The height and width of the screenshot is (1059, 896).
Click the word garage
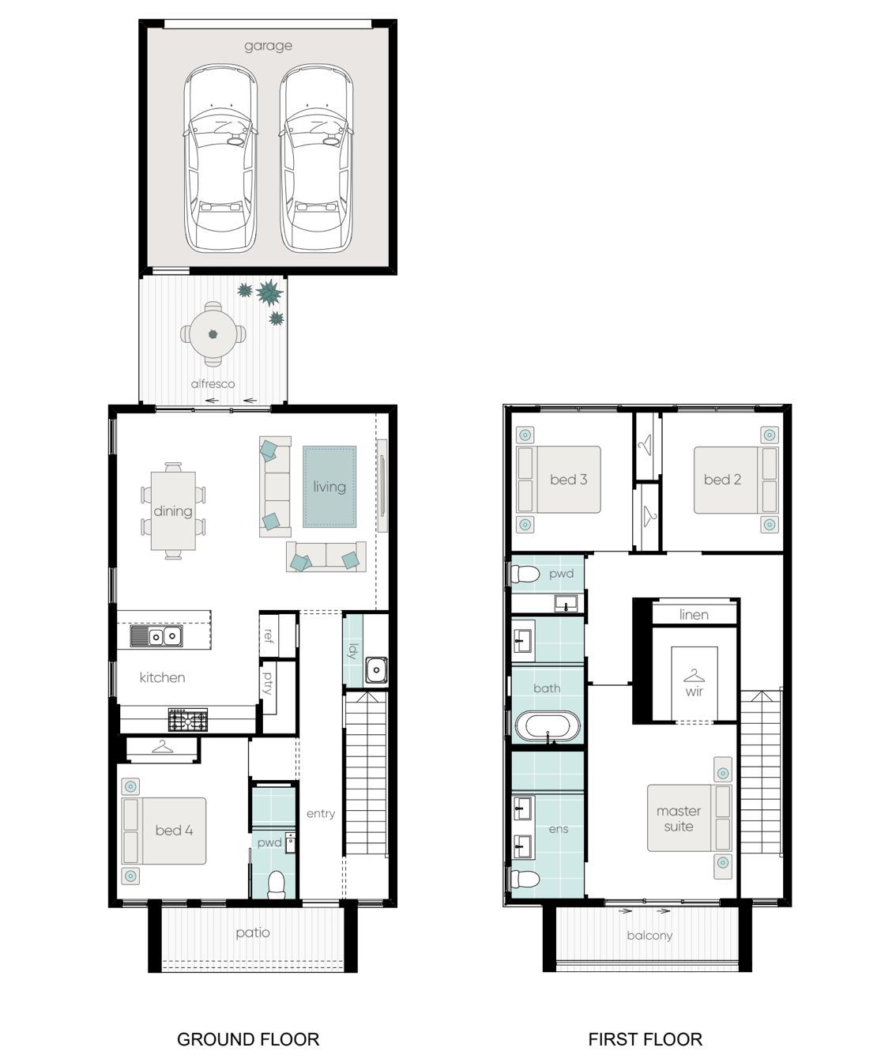[x=268, y=46]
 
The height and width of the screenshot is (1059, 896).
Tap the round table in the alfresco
[x=213, y=334]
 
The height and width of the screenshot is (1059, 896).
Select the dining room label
[x=173, y=511]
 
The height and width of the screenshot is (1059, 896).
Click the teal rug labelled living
[x=329, y=486]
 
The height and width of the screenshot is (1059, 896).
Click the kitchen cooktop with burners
[x=188, y=720]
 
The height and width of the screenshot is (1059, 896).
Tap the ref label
[x=267, y=636]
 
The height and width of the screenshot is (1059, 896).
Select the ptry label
[x=267, y=683]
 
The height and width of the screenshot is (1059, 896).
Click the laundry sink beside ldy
[x=376, y=670]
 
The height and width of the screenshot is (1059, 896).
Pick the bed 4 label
[x=174, y=830]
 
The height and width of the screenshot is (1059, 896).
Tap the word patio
[x=253, y=933]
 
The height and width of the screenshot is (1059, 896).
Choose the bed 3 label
[x=568, y=480]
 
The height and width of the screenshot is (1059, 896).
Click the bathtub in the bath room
[x=548, y=726]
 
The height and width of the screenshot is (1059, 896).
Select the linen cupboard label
[x=694, y=614]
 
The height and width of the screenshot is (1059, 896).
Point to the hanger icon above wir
[x=694, y=675]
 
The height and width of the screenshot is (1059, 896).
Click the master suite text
[x=678, y=818]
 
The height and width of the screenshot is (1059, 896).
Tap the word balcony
[x=649, y=936]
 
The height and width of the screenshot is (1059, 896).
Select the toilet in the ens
[x=525, y=879]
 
